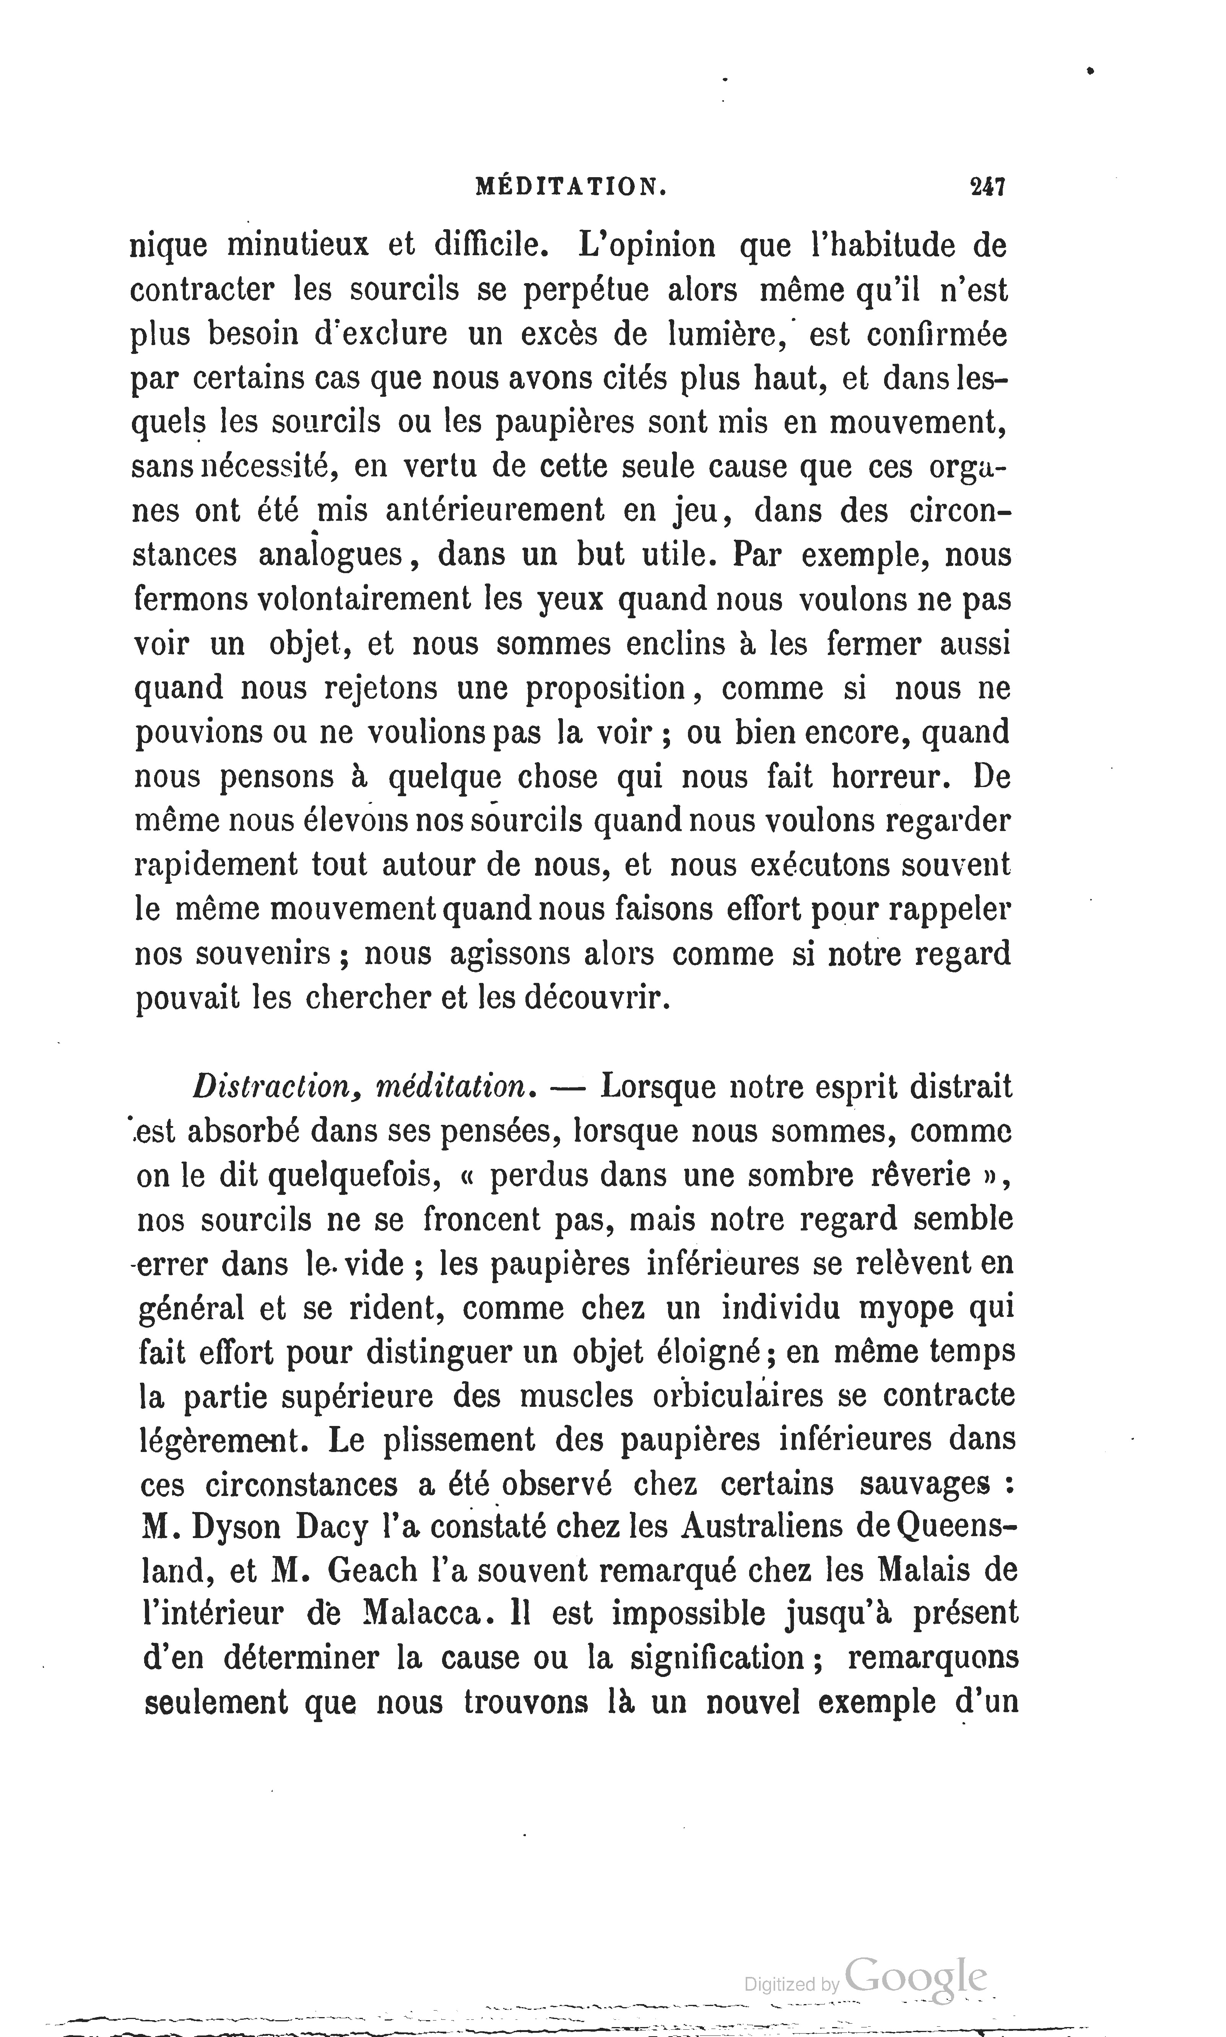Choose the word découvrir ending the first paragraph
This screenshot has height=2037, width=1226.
595,998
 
